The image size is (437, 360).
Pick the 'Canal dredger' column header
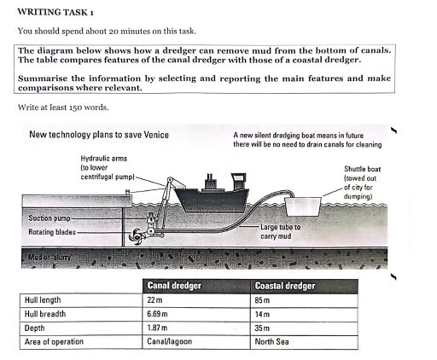point(174,286)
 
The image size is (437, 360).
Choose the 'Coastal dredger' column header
point(284,286)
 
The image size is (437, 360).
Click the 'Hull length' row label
point(42,299)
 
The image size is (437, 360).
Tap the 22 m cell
point(155,299)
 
